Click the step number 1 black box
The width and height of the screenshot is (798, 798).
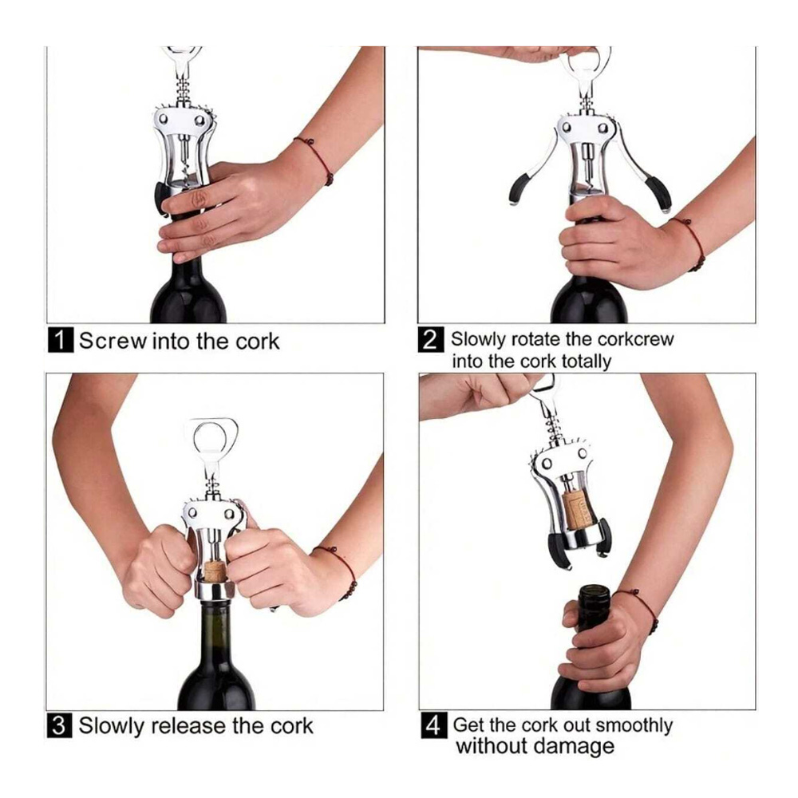[x=61, y=340]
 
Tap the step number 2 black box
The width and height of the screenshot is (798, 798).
[x=431, y=339]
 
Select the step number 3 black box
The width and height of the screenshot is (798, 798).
[x=60, y=725]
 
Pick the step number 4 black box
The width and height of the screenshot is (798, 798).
[x=433, y=725]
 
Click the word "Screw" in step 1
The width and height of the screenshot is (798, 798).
[x=113, y=341]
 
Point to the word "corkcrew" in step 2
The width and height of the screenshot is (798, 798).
[x=636, y=339]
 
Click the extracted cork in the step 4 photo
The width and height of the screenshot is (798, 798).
[x=578, y=509]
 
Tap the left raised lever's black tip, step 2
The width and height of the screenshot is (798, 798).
[x=519, y=188]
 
